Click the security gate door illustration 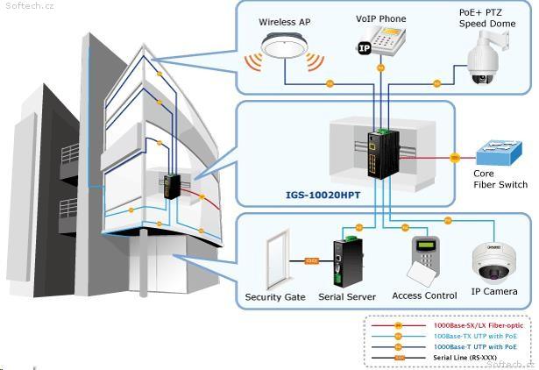coord(278,257)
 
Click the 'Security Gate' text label coord(275,297)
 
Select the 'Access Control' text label coord(424,296)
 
